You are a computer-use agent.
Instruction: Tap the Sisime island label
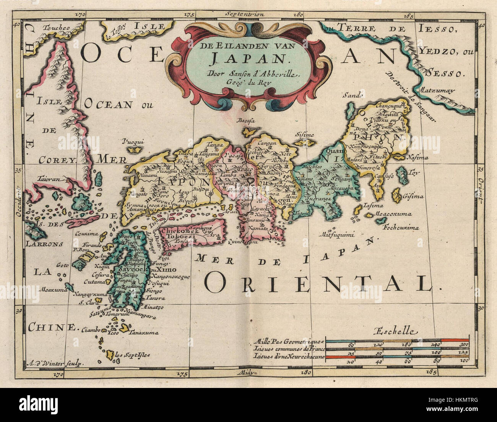pos(304,135)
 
